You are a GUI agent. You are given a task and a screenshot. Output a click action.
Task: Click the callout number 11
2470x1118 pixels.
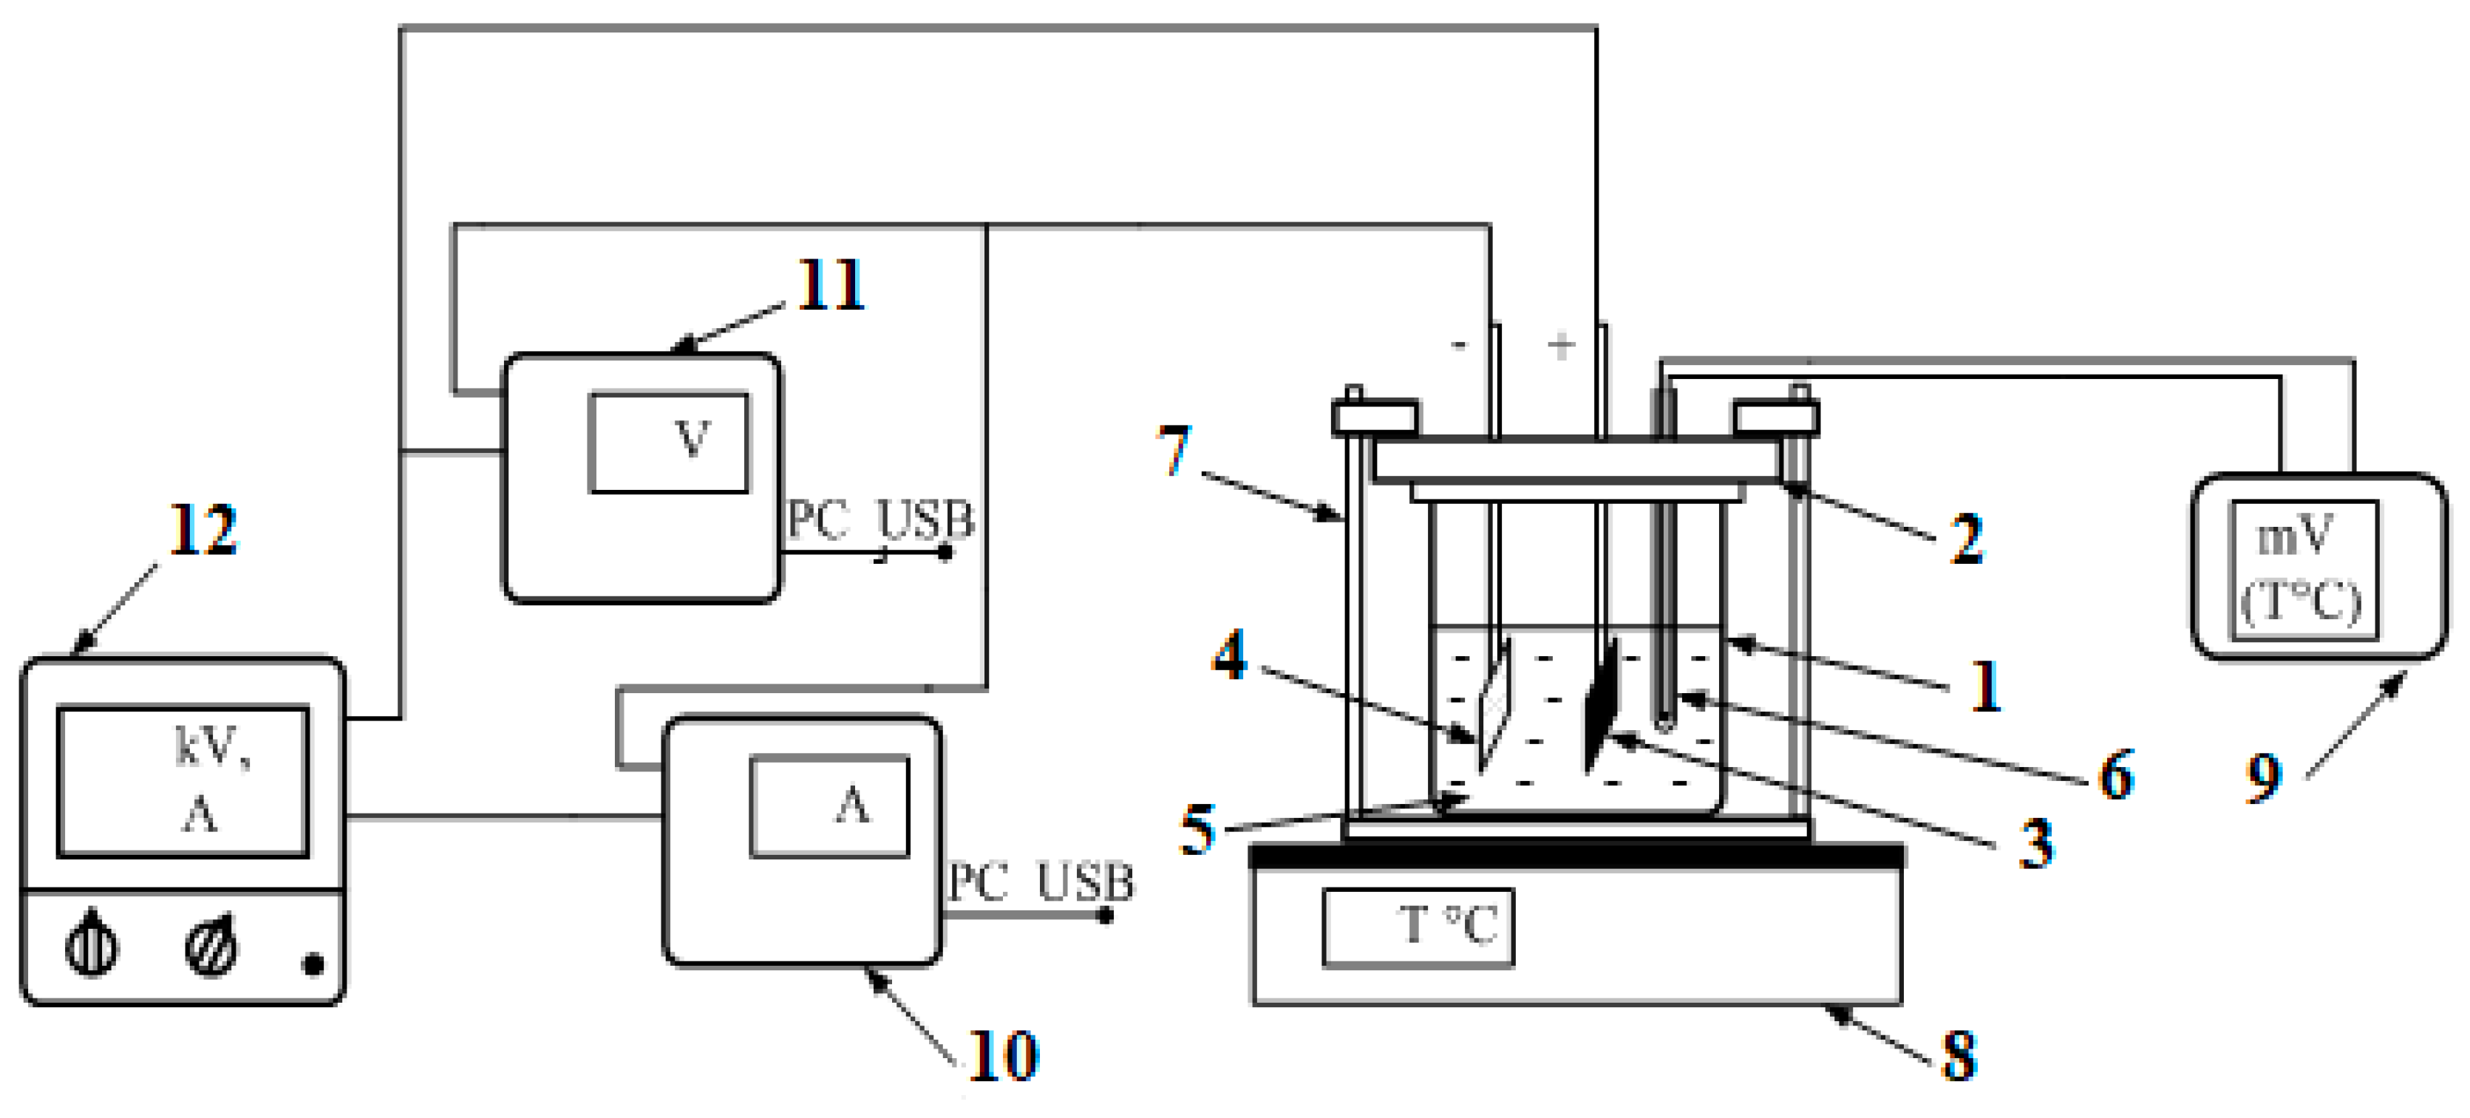(x=831, y=286)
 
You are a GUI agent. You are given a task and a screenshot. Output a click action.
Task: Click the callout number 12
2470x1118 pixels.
(x=203, y=531)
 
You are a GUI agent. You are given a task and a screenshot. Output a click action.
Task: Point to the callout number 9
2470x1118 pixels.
(x=2264, y=777)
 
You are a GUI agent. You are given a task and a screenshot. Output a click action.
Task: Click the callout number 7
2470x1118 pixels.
(x=1174, y=451)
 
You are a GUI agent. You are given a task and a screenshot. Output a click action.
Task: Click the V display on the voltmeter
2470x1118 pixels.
(x=668, y=443)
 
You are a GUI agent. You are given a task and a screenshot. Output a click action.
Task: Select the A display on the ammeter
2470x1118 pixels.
(x=829, y=806)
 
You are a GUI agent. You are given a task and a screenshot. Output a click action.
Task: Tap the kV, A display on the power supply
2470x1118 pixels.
(x=183, y=782)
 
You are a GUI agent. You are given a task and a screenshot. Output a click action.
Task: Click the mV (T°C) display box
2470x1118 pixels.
(x=2305, y=570)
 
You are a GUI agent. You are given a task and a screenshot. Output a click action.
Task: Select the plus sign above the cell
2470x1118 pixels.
(x=1561, y=345)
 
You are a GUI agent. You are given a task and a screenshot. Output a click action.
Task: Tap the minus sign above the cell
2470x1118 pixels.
(x=1460, y=345)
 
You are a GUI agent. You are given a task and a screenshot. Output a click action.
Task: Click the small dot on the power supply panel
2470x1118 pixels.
(x=313, y=964)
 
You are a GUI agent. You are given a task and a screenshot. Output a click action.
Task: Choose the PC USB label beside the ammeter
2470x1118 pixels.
(x=1041, y=882)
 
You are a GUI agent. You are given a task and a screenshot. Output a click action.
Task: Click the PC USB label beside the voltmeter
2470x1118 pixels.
(x=880, y=521)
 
